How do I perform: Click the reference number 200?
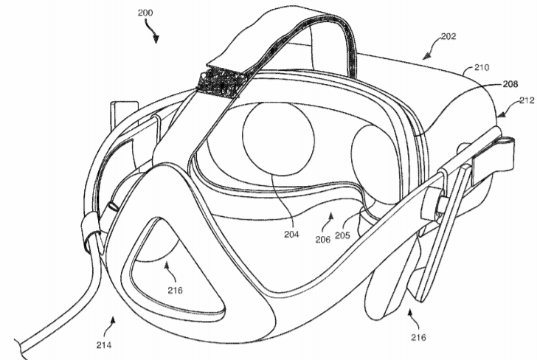(x=145, y=13)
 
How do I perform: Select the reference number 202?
(x=448, y=36)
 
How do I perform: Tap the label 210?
(x=482, y=67)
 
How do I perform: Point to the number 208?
(x=510, y=84)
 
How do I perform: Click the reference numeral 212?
(x=527, y=100)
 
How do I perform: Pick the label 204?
(x=291, y=235)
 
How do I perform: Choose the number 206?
(x=323, y=240)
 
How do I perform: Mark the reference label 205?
(x=342, y=235)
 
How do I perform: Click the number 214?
(x=104, y=345)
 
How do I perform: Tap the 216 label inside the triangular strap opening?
(x=175, y=291)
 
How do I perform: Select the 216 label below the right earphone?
(x=418, y=338)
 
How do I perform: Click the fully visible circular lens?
(x=278, y=139)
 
